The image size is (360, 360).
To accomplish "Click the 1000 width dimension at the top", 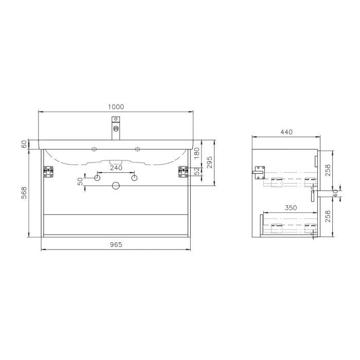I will click(x=116, y=107).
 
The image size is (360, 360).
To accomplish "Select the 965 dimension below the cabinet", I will click(x=116, y=245).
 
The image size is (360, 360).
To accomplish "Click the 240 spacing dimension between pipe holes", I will click(x=116, y=168).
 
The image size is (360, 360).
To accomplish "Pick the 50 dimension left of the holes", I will click(x=80, y=182).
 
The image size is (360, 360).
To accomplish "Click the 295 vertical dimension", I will click(x=210, y=163).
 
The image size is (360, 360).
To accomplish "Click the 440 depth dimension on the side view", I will click(x=286, y=132).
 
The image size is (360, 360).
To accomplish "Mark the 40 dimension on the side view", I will click(x=336, y=193).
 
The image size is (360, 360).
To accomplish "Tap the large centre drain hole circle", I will click(x=116, y=185).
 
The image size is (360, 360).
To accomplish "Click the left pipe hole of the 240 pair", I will click(x=97, y=177).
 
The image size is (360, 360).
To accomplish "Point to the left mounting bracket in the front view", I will click(x=49, y=172).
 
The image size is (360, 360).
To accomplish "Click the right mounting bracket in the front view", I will click(x=183, y=172).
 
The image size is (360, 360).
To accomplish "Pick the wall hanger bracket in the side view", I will click(x=259, y=171).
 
